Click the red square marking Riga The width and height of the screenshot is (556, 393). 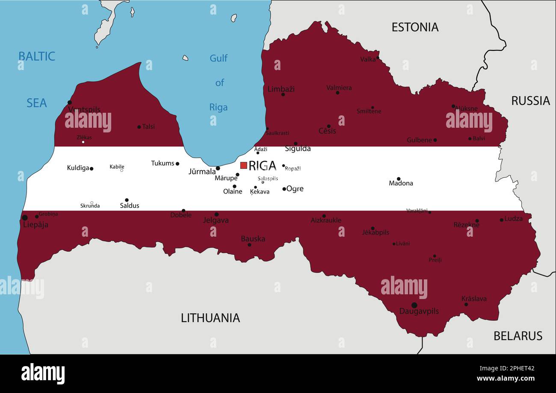click(x=243, y=165)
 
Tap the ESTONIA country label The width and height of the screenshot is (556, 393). click(x=415, y=27)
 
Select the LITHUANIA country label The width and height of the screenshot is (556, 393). click(x=210, y=318)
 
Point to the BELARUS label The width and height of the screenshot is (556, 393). click(x=518, y=336)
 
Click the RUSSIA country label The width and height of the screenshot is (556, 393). click(x=530, y=101)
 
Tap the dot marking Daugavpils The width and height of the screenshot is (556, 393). click(x=414, y=305)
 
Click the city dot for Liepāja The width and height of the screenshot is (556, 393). click(x=24, y=218)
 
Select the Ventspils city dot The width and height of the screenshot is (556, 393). click(x=70, y=103)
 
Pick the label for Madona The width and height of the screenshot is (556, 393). click(x=401, y=183)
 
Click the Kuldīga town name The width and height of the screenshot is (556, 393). click(x=78, y=168)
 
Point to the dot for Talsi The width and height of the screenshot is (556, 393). click(x=139, y=127)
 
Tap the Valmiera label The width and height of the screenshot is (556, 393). click(x=339, y=88)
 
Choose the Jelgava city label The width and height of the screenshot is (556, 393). click(x=216, y=220)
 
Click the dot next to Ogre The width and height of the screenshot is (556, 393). click(x=284, y=189)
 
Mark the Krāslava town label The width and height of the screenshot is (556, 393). click(x=473, y=299)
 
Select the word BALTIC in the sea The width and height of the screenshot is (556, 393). click(x=36, y=56)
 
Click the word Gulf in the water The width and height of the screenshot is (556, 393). click(x=218, y=58)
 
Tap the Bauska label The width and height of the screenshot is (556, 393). click(x=253, y=239)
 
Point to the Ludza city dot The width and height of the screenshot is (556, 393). click(x=501, y=220)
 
